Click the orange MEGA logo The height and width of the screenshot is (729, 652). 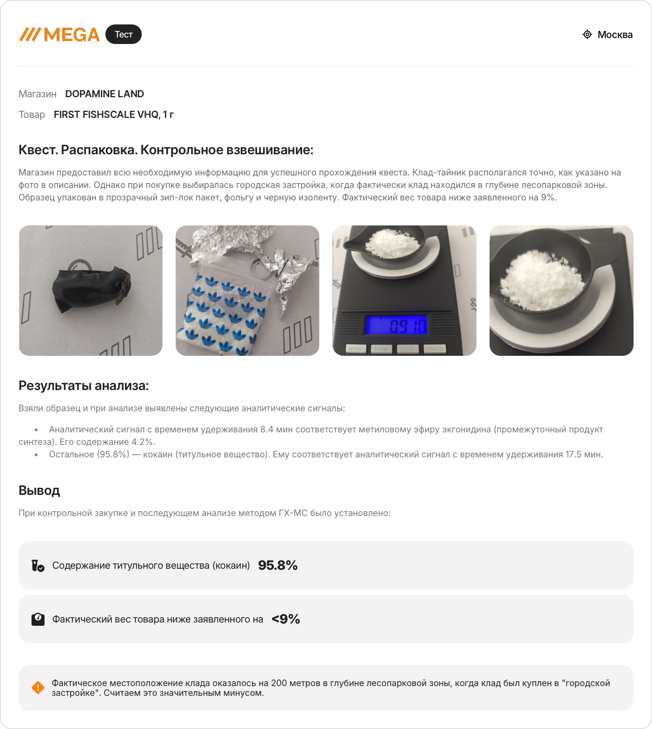(60, 35)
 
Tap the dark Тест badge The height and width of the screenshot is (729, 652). (123, 34)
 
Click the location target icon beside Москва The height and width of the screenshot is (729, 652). (587, 34)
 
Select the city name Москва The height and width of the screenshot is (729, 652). (615, 35)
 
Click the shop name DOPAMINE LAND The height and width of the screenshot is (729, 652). (104, 94)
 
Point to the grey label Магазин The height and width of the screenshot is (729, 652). (37, 94)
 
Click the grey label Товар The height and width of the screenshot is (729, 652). (32, 115)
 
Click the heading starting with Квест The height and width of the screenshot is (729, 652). (166, 150)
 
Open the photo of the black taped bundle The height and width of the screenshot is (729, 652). (91, 291)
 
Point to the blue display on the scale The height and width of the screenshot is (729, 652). (397, 325)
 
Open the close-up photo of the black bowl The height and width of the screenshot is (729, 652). (561, 291)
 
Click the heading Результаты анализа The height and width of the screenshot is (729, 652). (84, 386)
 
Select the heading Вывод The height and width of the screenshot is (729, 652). (39, 491)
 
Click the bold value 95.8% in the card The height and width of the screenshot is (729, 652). (278, 565)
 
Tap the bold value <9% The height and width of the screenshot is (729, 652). (286, 619)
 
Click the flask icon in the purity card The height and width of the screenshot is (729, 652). (37, 565)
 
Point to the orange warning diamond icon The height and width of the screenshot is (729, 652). (38, 688)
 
